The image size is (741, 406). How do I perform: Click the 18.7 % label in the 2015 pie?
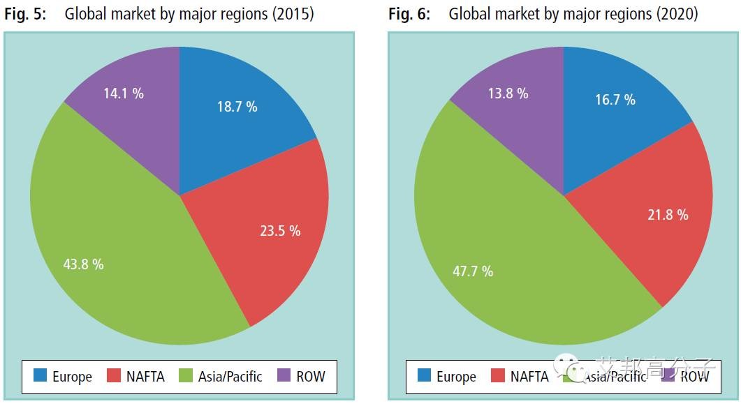pyautogui.click(x=237, y=107)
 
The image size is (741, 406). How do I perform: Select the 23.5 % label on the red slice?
pyautogui.click(x=280, y=231)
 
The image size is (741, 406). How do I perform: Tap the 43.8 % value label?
pyautogui.click(x=83, y=264)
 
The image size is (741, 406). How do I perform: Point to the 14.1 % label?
pyautogui.click(x=124, y=93)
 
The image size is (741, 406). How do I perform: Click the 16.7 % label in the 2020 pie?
pyautogui.click(x=615, y=100)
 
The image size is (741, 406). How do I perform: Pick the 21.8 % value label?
pyautogui.click(x=668, y=215)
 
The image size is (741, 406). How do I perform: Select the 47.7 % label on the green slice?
pyautogui.click(x=473, y=271)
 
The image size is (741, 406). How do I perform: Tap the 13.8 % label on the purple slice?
pyautogui.click(x=508, y=93)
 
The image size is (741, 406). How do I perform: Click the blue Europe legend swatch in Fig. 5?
pyautogui.click(x=40, y=376)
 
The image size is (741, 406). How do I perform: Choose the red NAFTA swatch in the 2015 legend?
pyautogui.click(x=115, y=376)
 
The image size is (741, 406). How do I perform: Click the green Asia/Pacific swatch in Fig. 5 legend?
pyautogui.click(x=186, y=376)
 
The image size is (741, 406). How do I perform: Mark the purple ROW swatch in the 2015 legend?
pyautogui.click(x=284, y=376)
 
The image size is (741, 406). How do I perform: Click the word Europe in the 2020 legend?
pyautogui.click(x=455, y=377)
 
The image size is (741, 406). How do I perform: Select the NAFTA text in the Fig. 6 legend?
pyautogui.click(x=529, y=377)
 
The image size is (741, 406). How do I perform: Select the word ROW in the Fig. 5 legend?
pyautogui.click(x=310, y=376)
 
